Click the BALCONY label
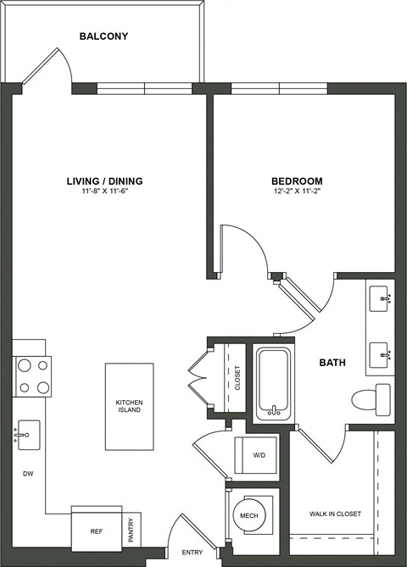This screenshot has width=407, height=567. click(104, 36)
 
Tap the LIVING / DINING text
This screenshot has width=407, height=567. click(105, 181)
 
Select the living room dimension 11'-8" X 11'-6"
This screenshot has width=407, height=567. click(105, 192)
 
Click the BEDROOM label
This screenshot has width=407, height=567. click(297, 181)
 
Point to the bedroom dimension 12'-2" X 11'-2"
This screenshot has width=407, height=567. click(297, 192)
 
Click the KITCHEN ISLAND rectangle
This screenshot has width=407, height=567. click(129, 406)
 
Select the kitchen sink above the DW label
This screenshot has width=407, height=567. click(28, 436)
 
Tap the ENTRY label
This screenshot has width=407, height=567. click(193, 553)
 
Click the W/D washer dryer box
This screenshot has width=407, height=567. click(257, 455)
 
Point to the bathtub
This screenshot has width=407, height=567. click(273, 385)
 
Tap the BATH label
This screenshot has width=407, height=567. click(332, 364)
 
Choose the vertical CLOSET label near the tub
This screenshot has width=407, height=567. click(237, 377)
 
